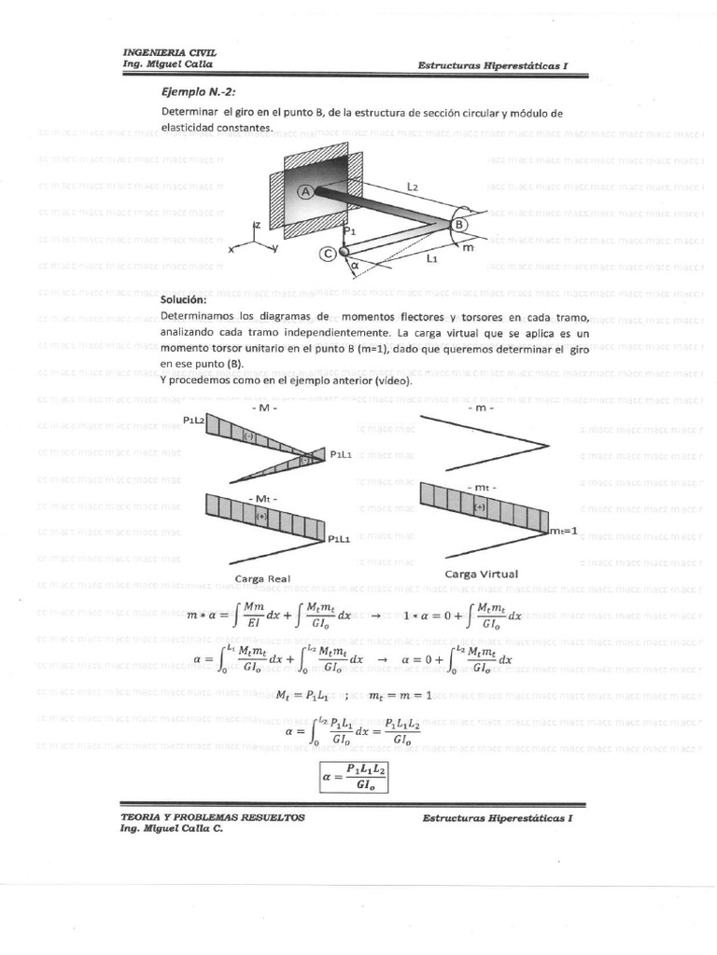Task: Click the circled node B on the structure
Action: (x=459, y=225)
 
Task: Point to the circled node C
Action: (x=328, y=252)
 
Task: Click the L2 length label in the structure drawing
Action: (x=413, y=187)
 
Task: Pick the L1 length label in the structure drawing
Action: (x=432, y=260)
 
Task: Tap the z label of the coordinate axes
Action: (x=257, y=225)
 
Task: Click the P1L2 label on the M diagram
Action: (x=194, y=421)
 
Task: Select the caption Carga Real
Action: (x=262, y=578)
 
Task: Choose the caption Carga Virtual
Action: (x=481, y=574)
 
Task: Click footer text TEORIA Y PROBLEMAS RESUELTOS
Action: (x=213, y=816)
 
